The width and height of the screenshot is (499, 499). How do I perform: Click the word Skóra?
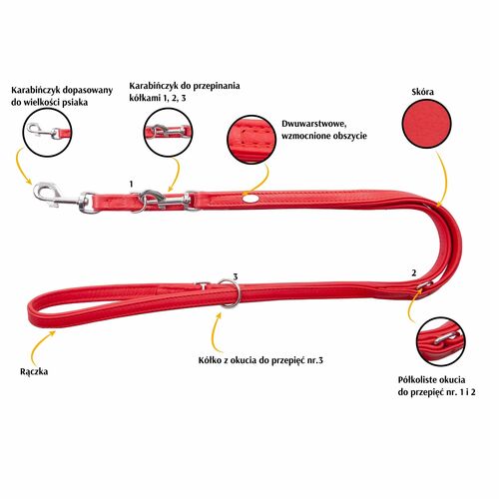coord(423,92)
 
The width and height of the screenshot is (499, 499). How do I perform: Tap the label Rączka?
coord(34,372)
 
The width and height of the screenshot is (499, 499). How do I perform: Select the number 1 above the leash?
coord(132,184)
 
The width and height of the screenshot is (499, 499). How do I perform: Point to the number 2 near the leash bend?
coord(414,273)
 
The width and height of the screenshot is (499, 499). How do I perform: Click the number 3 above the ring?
coord(236,276)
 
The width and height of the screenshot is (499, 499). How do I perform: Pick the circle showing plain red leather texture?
coord(427,124)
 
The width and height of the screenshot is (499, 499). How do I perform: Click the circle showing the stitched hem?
coord(251,140)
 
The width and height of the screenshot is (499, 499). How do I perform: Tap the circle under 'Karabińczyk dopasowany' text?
coord(47,133)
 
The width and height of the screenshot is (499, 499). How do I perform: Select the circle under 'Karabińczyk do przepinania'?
coord(169,133)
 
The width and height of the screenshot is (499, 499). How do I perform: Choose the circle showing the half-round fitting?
coord(441,342)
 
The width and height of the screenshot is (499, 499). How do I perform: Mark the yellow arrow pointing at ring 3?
coord(215,331)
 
